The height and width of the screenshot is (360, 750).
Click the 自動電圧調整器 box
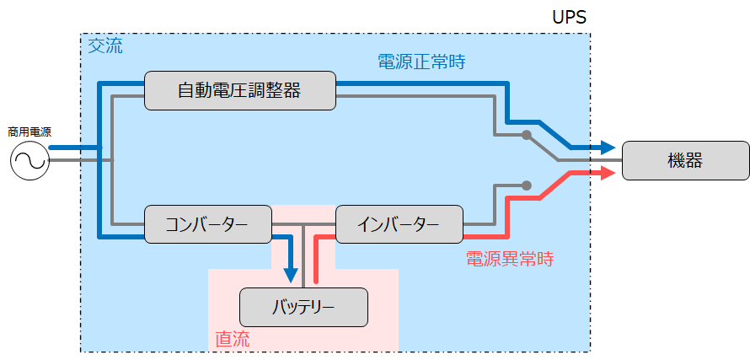(239, 90)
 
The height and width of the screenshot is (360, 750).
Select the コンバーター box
(207, 224)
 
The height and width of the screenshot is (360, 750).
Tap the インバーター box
(399, 224)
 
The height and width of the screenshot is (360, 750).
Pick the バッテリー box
(304, 307)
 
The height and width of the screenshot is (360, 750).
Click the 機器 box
(685, 160)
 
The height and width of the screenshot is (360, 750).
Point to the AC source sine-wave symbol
(30, 161)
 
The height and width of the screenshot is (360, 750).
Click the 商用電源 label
(29, 132)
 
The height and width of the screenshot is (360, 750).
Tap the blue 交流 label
(105, 46)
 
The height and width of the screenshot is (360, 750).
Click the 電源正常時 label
(421, 62)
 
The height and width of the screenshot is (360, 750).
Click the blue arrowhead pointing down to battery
(291, 275)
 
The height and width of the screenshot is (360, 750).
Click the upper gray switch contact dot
(526, 135)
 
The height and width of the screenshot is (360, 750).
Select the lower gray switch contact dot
(526, 185)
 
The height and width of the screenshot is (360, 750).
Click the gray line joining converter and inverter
(303, 224)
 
